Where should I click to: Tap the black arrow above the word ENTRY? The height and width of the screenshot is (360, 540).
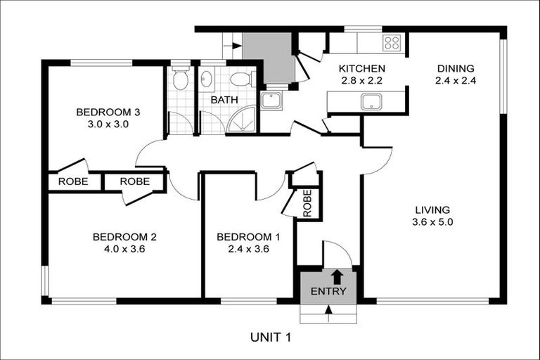pos(337,276)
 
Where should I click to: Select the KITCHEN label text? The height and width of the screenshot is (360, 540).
pos(361,69)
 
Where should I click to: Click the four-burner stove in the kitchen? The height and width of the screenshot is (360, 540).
pos(392,43)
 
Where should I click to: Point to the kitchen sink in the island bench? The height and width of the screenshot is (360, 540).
pos(371,102)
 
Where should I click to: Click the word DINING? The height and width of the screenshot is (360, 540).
pos(456,69)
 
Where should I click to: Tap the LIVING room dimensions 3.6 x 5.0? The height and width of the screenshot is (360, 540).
pos(432,221)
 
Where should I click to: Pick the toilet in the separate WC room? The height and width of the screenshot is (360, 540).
pos(181,79)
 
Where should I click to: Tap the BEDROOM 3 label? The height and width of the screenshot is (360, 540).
pos(104,112)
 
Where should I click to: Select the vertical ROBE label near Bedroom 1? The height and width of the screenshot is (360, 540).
pos(307,203)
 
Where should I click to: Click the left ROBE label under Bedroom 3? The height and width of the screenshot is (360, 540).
pos(73,181)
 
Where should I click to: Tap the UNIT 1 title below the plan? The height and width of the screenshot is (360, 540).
pos(270,337)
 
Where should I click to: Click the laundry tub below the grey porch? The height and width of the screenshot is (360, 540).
pos(271,101)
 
